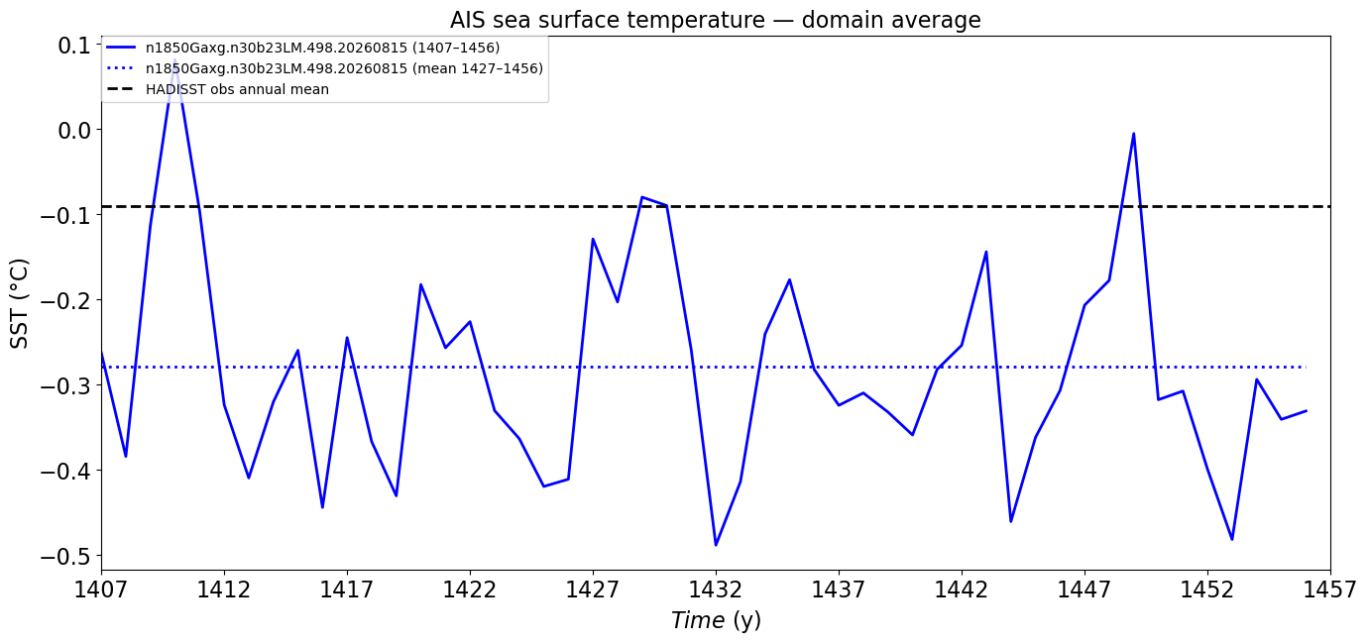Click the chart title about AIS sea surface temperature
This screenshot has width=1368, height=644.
[x=715, y=20]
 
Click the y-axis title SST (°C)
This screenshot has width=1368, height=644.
[x=19, y=303]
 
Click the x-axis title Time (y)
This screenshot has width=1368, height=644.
[x=716, y=620]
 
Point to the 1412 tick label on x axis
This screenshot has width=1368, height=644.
[x=224, y=590]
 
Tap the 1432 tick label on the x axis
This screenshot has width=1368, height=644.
[x=716, y=590]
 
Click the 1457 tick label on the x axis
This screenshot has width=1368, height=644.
[x=1330, y=590]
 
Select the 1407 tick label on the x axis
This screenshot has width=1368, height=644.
[x=101, y=590]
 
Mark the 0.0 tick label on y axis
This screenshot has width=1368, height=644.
[x=74, y=130]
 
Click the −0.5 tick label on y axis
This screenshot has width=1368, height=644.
[x=66, y=557]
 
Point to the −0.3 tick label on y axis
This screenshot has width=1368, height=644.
[x=66, y=385]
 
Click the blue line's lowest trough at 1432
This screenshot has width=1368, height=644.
[x=716, y=545]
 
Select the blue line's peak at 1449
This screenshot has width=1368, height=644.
[x=1133, y=134]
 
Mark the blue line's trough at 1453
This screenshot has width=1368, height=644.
[x=1232, y=539]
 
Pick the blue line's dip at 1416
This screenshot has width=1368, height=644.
[x=322, y=507]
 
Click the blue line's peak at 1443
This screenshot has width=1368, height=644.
[x=985, y=252]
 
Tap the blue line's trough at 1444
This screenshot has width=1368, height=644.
[x=1011, y=521]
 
